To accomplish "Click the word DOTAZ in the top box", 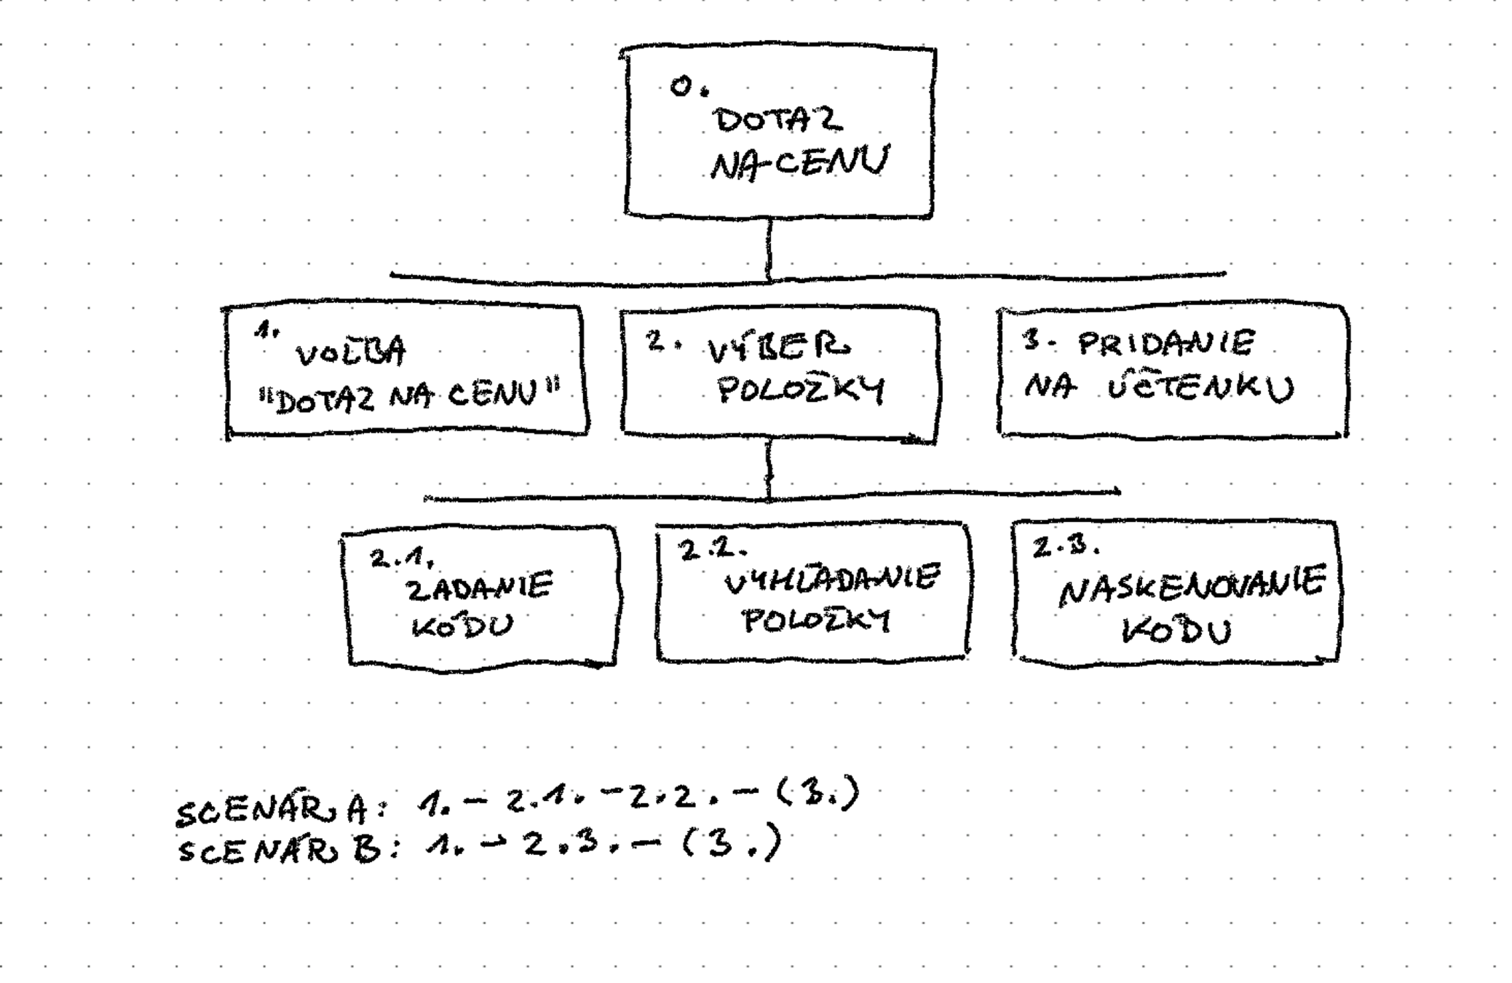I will click(x=778, y=120).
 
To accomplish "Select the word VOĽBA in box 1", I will click(x=350, y=353).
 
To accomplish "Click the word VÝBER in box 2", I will click(x=778, y=347).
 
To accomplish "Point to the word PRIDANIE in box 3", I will click(x=1166, y=343).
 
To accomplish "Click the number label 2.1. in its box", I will click(x=402, y=558).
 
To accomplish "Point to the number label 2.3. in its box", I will click(x=1065, y=546).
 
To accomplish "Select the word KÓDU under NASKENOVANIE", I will click(x=1176, y=631).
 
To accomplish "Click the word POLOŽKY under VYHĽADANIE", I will click(x=815, y=621).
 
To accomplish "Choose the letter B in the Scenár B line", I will click(x=367, y=849).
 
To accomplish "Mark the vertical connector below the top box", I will click(x=769, y=248).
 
